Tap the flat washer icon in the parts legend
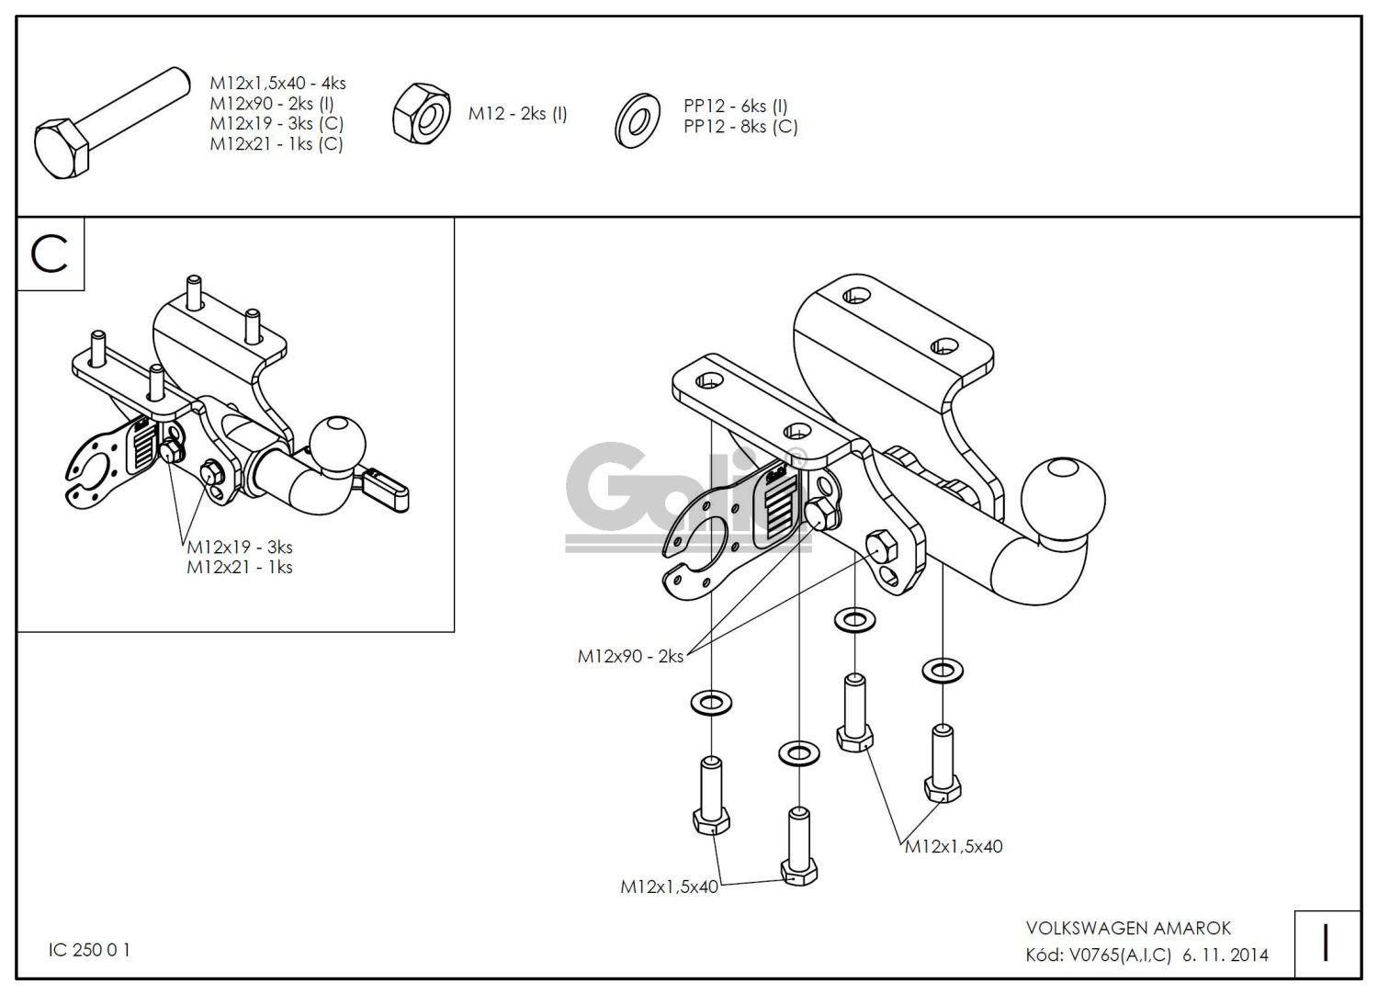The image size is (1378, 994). [636, 120]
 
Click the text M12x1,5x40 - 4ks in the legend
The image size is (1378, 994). [277, 84]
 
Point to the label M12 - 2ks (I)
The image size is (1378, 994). [517, 114]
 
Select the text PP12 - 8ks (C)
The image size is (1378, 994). [740, 127]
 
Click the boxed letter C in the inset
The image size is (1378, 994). [51, 254]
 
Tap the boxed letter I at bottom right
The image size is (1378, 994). [1326, 943]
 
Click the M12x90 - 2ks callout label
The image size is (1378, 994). [630, 656]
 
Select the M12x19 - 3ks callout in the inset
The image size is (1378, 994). [240, 548]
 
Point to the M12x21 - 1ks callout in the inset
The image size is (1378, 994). [240, 568]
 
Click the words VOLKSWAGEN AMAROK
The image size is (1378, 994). [1128, 929]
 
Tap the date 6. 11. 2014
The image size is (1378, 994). [1226, 955]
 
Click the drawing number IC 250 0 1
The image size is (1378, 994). [89, 950]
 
